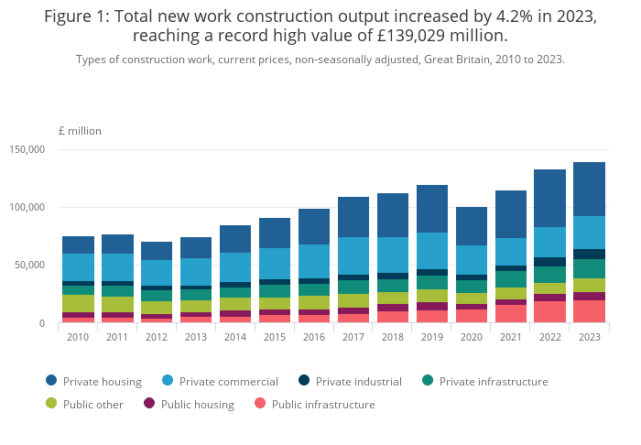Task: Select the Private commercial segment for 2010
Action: (79, 267)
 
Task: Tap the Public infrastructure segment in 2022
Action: (549, 312)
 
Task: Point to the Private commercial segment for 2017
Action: (353, 256)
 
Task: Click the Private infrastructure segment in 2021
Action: (511, 279)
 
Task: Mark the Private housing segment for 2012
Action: (157, 251)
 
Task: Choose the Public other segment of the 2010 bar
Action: (79, 303)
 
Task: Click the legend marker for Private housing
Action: (51, 381)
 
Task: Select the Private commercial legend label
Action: (228, 381)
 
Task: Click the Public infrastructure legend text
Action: (323, 404)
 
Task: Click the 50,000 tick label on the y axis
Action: (30, 266)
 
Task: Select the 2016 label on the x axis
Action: (314, 336)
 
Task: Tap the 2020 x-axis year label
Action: (472, 336)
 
